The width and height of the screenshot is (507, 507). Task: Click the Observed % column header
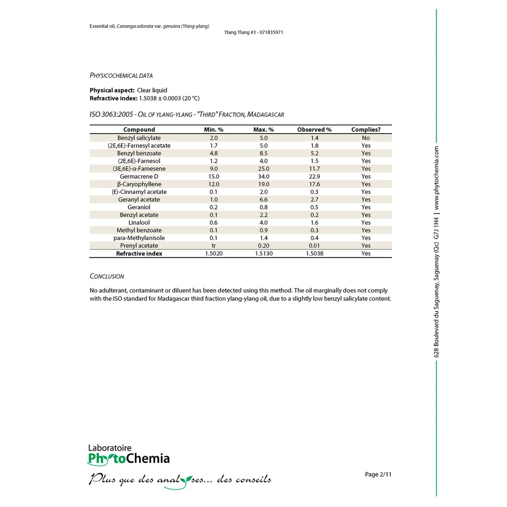click(x=314, y=130)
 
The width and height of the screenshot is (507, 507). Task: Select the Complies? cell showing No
click(x=366, y=138)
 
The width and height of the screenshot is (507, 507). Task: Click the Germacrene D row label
click(x=139, y=176)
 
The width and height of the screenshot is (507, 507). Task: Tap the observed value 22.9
click(x=314, y=176)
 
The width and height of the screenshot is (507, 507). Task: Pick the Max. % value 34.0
click(x=263, y=176)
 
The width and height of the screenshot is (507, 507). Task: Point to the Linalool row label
click(x=139, y=222)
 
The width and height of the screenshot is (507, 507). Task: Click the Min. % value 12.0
click(x=214, y=184)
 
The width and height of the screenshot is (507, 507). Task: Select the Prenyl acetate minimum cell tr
click(x=214, y=246)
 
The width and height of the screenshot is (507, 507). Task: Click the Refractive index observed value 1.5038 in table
click(x=314, y=253)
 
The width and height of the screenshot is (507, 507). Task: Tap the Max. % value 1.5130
click(x=263, y=253)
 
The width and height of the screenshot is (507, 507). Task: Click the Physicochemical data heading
click(x=121, y=76)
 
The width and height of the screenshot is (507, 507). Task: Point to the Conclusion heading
click(x=107, y=276)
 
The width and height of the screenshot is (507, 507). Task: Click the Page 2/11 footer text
click(x=378, y=474)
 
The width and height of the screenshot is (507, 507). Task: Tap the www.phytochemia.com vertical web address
click(x=437, y=177)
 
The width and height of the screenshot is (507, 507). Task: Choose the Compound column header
click(x=139, y=130)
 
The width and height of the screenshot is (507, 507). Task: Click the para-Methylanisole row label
click(x=139, y=238)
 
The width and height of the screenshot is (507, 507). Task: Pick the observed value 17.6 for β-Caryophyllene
click(x=314, y=184)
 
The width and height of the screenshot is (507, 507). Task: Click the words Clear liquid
click(x=152, y=91)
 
